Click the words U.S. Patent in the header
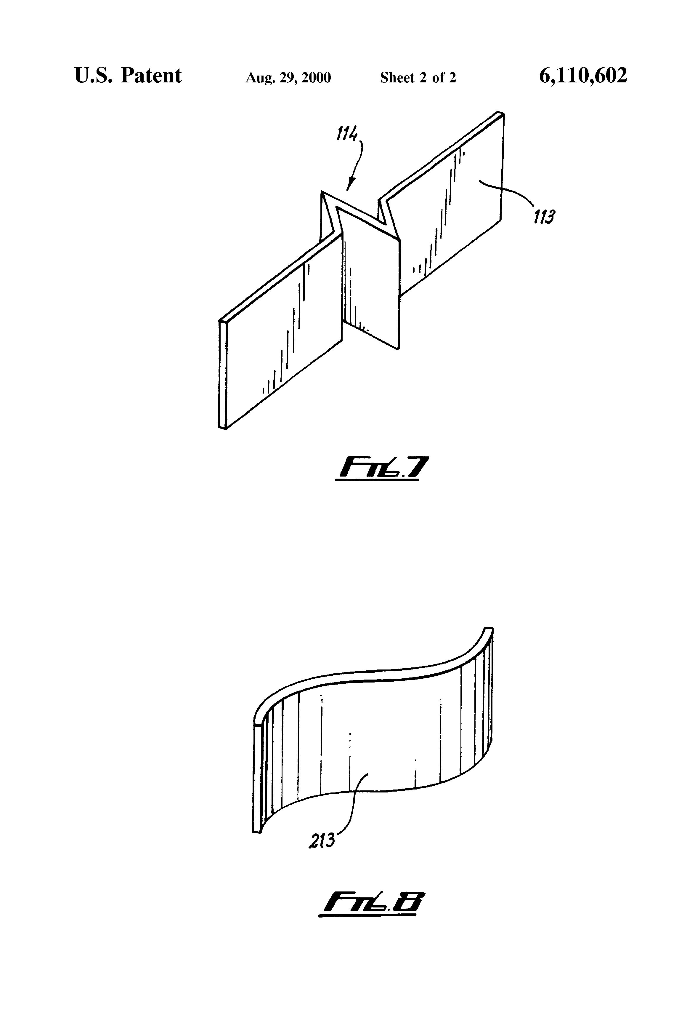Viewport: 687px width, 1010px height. (128, 76)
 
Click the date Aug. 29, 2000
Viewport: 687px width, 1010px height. (288, 78)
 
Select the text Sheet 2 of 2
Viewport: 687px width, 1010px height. (418, 78)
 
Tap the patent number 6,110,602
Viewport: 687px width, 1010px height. (583, 76)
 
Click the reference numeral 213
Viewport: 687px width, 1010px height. (322, 841)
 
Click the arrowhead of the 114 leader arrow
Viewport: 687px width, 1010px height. (349, 187)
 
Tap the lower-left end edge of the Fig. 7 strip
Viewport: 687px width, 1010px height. (223, 374)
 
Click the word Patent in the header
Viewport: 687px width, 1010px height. (151, 76)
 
